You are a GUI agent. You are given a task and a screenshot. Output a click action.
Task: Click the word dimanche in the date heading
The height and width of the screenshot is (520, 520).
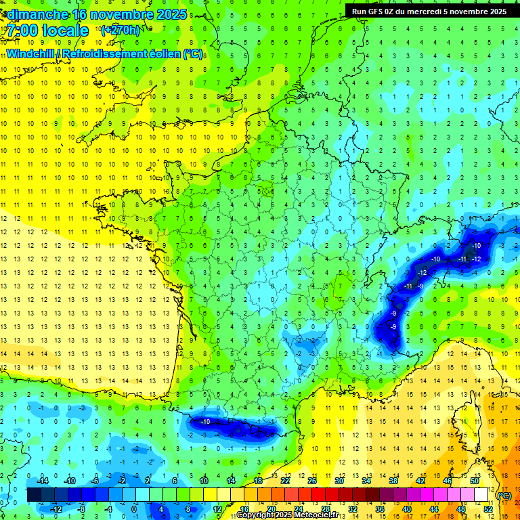pyautogui.click(x=37, y=14)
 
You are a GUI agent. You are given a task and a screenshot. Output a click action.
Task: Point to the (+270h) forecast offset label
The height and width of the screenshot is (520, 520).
pyautogui.click(x=122, y=30)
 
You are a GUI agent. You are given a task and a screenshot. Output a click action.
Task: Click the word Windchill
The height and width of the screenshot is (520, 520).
pyautogui.click(x=30, y=53)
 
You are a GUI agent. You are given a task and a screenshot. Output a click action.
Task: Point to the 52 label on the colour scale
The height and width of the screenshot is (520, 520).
pyautogui.click(x=488, y=509)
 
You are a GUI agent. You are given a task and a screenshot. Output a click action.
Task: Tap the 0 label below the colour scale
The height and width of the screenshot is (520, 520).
pyautogui.click(x=134, y=509)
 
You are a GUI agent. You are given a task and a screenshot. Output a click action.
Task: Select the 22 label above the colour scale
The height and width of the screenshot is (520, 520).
pyautogui.click(x=285, y=481)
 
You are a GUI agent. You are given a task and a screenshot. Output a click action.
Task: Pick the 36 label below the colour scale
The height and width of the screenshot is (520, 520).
pyautogui.click(x=380, y=509)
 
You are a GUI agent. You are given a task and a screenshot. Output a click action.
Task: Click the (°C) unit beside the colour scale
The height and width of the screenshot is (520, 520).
pyautogui.click(x=504, y=496)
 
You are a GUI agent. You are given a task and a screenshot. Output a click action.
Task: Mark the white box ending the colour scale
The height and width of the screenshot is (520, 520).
pyautogui.click(x=481, y=495)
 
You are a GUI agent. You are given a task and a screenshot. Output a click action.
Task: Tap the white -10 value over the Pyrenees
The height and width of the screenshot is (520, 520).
pyautogui.click(x=205, y=422)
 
